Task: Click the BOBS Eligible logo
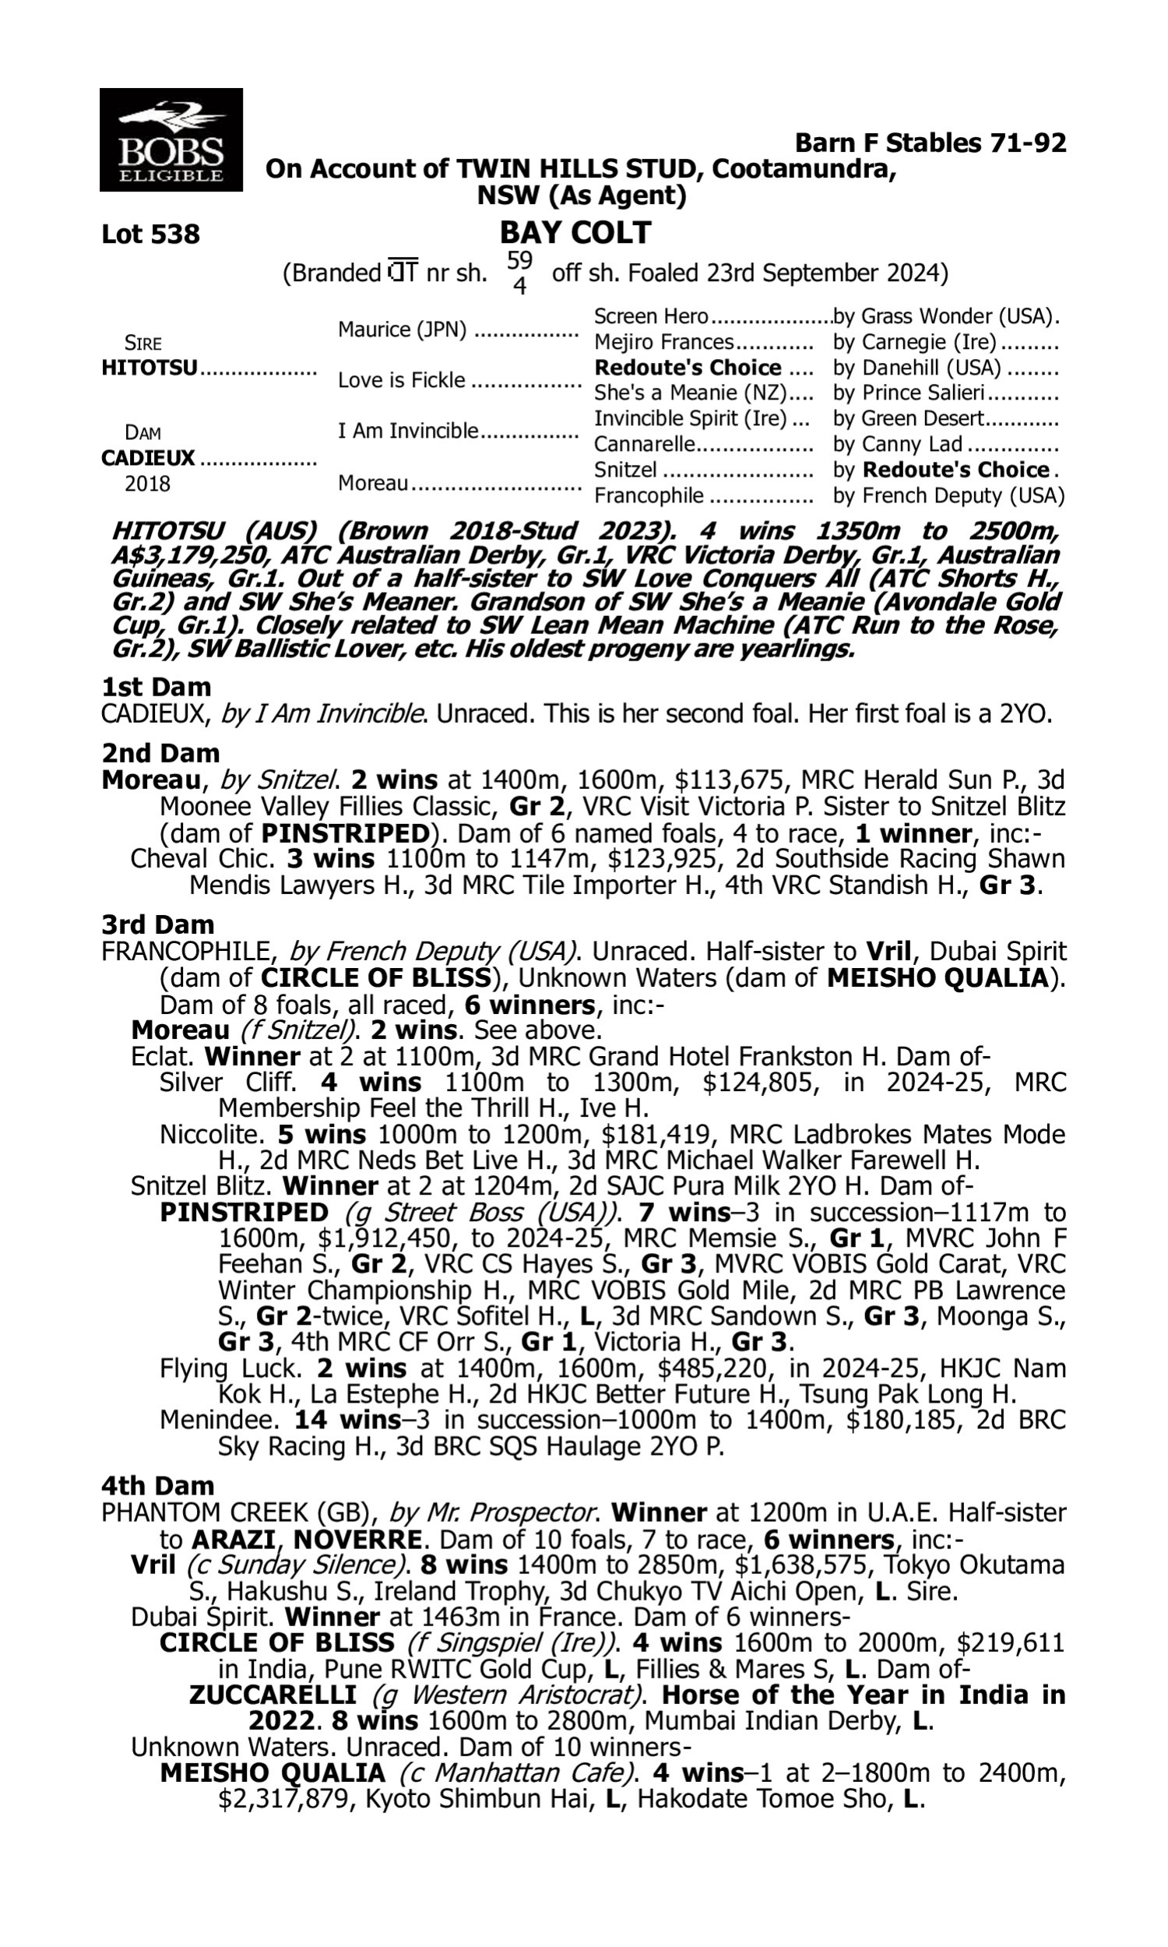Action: click(x=171, y=140)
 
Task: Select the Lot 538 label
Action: click(x=150, y=234)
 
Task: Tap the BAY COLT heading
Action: click(x=575, y=233)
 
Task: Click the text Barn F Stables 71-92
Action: click(x=931, y=143)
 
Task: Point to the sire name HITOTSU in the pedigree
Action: click(x=150, y=368)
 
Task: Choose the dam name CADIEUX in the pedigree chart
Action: click(x=148, y=458)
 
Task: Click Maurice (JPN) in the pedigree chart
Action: click(x=403, y=329)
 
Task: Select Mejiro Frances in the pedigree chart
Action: click(x=663, y=343)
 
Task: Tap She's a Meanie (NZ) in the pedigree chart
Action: click(x=690, y=393)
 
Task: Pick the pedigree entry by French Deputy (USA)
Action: click(x=948, y=496)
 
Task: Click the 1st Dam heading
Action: click(x=156, y=687)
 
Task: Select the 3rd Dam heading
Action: click(x=157, y=924)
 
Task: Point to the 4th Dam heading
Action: click(x=157, y=1486)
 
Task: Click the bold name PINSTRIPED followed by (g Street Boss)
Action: click(x=244, y=1212)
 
